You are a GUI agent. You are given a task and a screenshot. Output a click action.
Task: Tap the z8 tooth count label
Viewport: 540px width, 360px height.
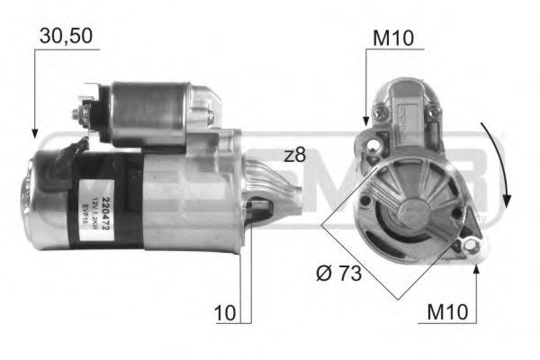pos(294,155)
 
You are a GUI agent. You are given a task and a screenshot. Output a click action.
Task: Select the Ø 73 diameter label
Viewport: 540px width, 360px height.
pos(340,273)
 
